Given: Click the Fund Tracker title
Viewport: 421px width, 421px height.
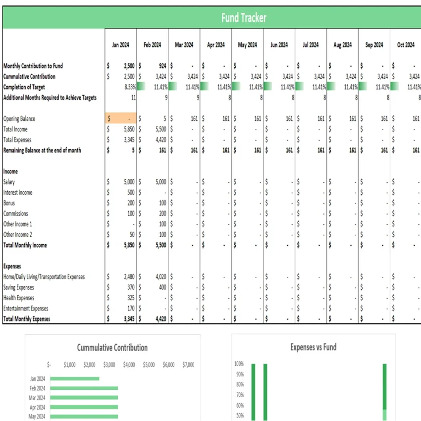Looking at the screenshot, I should coord(244,18).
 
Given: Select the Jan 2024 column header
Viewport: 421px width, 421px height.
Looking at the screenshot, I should coord(120,45).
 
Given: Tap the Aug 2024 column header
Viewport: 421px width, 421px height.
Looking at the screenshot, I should coord(342,45).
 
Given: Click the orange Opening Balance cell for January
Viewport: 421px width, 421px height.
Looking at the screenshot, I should coord(121,119).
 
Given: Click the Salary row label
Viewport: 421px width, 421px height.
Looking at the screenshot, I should coord(9,182).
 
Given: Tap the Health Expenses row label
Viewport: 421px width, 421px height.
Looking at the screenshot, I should coord(19,298).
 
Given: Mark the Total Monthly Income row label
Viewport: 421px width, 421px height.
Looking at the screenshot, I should coord(25,245).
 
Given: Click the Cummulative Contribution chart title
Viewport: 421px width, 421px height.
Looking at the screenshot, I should coord(112,348).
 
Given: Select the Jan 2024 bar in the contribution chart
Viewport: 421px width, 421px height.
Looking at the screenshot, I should coord(74,379).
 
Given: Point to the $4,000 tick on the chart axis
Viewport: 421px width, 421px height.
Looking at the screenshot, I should coord(129,365).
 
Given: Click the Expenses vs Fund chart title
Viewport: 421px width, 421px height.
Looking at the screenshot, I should coord(313,347).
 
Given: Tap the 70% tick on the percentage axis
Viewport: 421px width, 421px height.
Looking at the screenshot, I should coord(239,395).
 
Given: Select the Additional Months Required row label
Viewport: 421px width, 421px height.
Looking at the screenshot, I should coord(50,98).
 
